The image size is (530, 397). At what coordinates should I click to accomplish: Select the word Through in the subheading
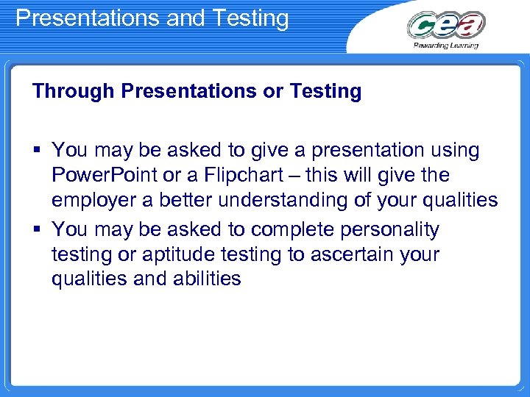(74, 91)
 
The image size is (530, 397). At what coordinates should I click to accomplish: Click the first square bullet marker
(37, 151)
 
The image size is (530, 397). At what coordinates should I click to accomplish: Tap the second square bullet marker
(37, 230)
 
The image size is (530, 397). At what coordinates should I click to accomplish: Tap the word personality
(389, 230)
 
